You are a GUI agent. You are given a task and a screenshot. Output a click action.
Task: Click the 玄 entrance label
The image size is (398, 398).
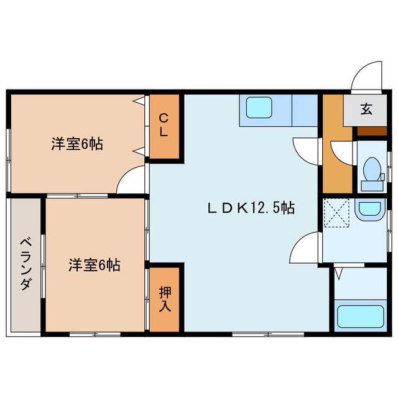tap(366, 109)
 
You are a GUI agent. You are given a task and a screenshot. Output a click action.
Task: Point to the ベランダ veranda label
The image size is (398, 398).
tap(25, 264)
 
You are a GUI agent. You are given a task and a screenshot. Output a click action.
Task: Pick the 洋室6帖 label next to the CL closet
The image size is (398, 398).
tap(76, 144)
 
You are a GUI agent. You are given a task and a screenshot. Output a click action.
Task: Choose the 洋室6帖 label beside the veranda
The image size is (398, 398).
tap(94, 266)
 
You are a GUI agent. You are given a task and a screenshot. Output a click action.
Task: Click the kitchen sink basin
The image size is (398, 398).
tap(259, 108)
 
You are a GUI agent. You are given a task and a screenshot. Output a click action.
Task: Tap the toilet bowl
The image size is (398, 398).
tap(371, 169)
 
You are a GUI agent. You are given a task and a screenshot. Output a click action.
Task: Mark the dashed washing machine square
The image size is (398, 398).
tap(337, 212)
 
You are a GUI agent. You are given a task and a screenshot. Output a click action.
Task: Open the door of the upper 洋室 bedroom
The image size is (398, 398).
tap(132, 180)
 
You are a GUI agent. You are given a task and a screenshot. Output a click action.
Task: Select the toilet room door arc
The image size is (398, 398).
tap(341, 152)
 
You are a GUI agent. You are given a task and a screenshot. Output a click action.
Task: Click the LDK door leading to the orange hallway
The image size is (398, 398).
tap(306, 149)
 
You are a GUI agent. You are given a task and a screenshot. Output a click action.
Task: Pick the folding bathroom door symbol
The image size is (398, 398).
tap(340, 271)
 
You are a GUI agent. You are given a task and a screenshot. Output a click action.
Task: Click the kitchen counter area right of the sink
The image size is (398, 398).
tap(305, 110)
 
